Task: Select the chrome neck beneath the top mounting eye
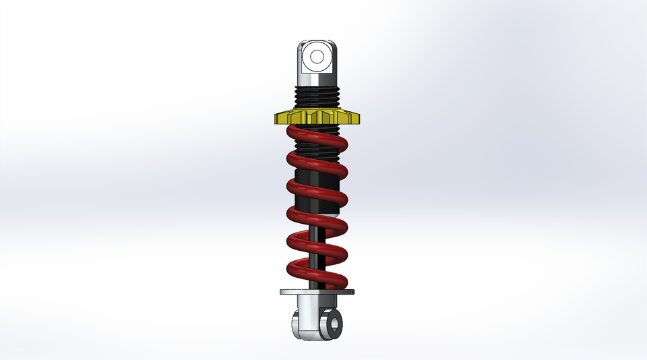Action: coord(315,80)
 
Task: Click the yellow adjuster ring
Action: coord(317,118)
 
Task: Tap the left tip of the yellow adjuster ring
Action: coord(276,119)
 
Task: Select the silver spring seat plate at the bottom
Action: coord(317,293)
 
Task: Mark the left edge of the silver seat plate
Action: coord(281,293)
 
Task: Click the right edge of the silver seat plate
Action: coord(352,293)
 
